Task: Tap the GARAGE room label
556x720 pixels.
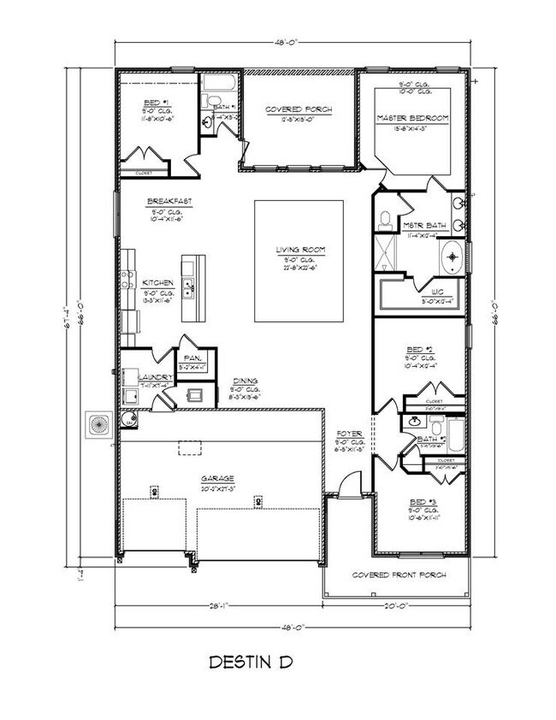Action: [x=220, y=479]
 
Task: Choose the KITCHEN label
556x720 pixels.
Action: [x=159, y=282]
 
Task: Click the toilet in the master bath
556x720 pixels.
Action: [x=386, y=219]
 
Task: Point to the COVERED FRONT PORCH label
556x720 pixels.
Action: [x=399, y=575]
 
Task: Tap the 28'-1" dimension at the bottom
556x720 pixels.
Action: [x=221, y=606]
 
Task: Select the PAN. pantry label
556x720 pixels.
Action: [x=191, y=359]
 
